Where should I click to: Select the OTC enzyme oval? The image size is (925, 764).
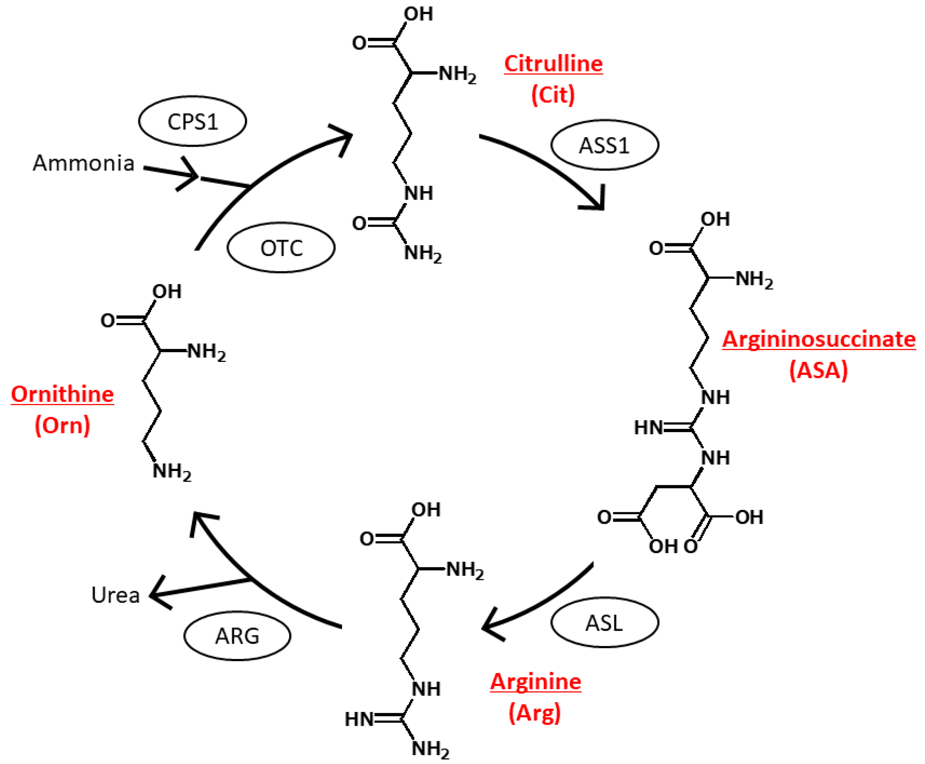(x=281, y=248)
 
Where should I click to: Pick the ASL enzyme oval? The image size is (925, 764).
(x=604, y=623)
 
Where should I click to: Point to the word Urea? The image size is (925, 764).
(x=115, y=595)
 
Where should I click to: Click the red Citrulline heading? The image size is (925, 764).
(x=553, y=64)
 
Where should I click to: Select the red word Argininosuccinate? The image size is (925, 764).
(x=819, y=339)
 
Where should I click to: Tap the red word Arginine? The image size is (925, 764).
(x=536, y=682)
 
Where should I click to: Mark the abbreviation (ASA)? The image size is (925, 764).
(x=818, y=370)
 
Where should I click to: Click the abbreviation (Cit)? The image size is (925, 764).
(x=553, y=95)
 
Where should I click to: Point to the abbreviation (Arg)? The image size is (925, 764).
(x=535, y=713)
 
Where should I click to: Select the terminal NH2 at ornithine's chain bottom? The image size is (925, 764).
(x=172, y=472)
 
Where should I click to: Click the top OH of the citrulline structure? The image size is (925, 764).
(x=419, y=14)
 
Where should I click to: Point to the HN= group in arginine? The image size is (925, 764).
(x=359, y=720)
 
